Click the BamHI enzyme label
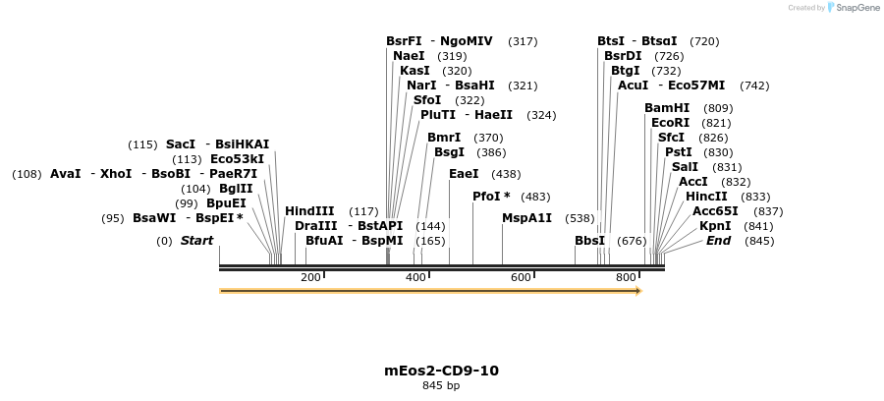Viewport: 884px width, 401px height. [x=667, y=108]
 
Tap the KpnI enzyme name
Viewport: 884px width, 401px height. [x=715, y=226]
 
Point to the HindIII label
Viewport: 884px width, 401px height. [x=309, y=211]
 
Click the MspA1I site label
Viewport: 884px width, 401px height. [x=526, y=218]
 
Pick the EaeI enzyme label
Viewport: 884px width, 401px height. [x=464, y=174]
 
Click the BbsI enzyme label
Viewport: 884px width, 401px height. [x=590, y=241]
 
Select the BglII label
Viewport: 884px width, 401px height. [x=236, y=189]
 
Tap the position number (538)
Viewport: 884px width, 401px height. [x=580, y=218]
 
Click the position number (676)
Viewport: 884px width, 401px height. [x=632, y=241]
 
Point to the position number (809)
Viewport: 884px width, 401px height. [x=718, y=108]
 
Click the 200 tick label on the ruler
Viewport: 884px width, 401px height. [x=310, y=278]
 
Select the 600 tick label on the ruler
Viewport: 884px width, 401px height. [x=521, y=278]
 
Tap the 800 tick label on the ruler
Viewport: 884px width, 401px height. [x=626, y=278]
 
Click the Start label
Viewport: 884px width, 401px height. [x=196, y=241]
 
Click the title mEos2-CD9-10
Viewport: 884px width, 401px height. [x=441, y=371]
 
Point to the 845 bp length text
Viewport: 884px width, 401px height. [x=441, y=385]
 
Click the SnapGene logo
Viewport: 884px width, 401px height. [x=853, y=8]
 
